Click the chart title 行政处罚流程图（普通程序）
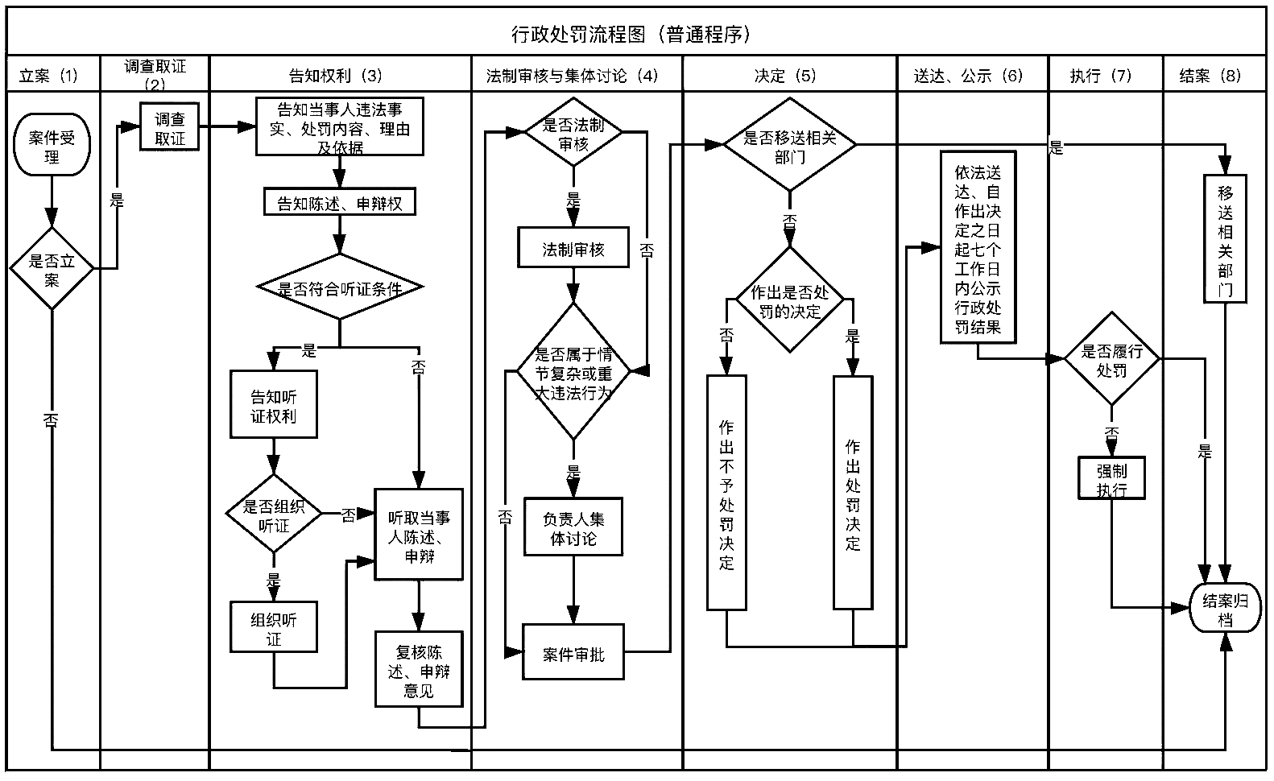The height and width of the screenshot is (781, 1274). (635, 35)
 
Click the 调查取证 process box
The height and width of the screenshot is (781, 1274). (169, 128)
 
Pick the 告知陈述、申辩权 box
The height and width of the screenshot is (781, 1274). (339, 203)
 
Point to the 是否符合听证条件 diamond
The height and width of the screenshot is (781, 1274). (339, 287)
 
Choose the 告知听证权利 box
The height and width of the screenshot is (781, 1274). (274, 405)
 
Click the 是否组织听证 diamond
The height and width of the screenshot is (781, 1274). (274, 515)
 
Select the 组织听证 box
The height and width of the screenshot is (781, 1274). (274, 628)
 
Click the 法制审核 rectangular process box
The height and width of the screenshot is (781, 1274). (573, 249)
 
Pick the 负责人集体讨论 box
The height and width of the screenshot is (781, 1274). (573, 528)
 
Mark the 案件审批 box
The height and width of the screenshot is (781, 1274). (573, 654)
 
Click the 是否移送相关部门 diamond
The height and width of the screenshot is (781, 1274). (789, 146)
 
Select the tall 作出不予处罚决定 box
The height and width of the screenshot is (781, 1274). (726, 493)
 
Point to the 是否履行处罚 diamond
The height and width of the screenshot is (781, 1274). (1111, 361)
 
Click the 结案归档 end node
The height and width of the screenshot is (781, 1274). (1225, 609)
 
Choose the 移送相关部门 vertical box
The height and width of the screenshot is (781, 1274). (1225, 240)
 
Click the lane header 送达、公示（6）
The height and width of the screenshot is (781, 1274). (972, 76)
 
